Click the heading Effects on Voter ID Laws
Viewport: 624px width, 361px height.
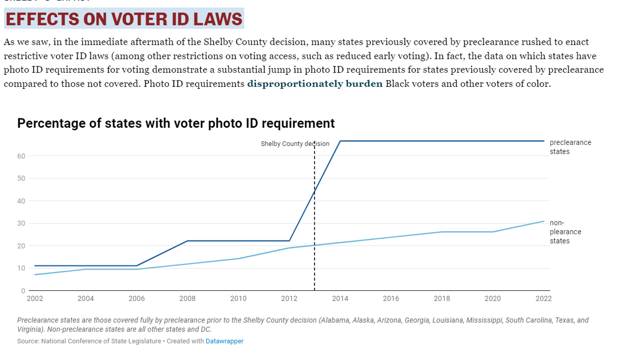click(x=124, y=19)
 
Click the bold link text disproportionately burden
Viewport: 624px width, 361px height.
click(x=315, y=84)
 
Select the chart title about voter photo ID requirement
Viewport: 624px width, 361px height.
click(x=176, y=123)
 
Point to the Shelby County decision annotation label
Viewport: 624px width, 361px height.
click(x=295, y=144)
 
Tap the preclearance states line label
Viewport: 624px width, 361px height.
click(x=570, y=147)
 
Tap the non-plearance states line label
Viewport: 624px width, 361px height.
click(x=565, y=232)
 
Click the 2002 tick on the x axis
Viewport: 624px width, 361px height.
click(x=34, y=299)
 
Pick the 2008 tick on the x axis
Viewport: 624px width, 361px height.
click(x=187, y=299)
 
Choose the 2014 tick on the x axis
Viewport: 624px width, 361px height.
click(x=340, y=299)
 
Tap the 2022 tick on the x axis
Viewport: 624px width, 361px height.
click(x=544, y=299)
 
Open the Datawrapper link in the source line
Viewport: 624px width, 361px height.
click(x=224, y=341)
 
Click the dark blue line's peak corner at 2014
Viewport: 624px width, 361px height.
click(x=340, y=141)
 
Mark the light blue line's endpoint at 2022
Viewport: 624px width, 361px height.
click(x=544, y=221)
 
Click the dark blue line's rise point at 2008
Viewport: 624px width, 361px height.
click(x=187, y=240)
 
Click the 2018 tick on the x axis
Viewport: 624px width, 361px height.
click(x=442, y=299)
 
